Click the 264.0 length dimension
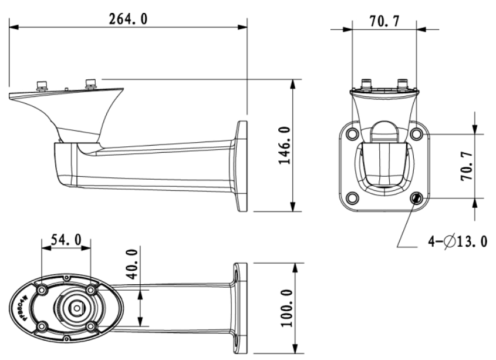[128, 19]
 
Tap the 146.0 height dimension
[285, 145]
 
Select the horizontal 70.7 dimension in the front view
[384, 22]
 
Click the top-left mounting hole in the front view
[352, 134]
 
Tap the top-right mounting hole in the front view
[416, 134]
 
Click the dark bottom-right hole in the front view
[416, 198]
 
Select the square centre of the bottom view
[76, 306]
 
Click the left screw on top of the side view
[42, 85]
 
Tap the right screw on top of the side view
[91, 83]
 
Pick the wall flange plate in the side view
[241, 166]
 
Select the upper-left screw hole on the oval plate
[42, 290]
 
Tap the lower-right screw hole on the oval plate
[90, 325]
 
